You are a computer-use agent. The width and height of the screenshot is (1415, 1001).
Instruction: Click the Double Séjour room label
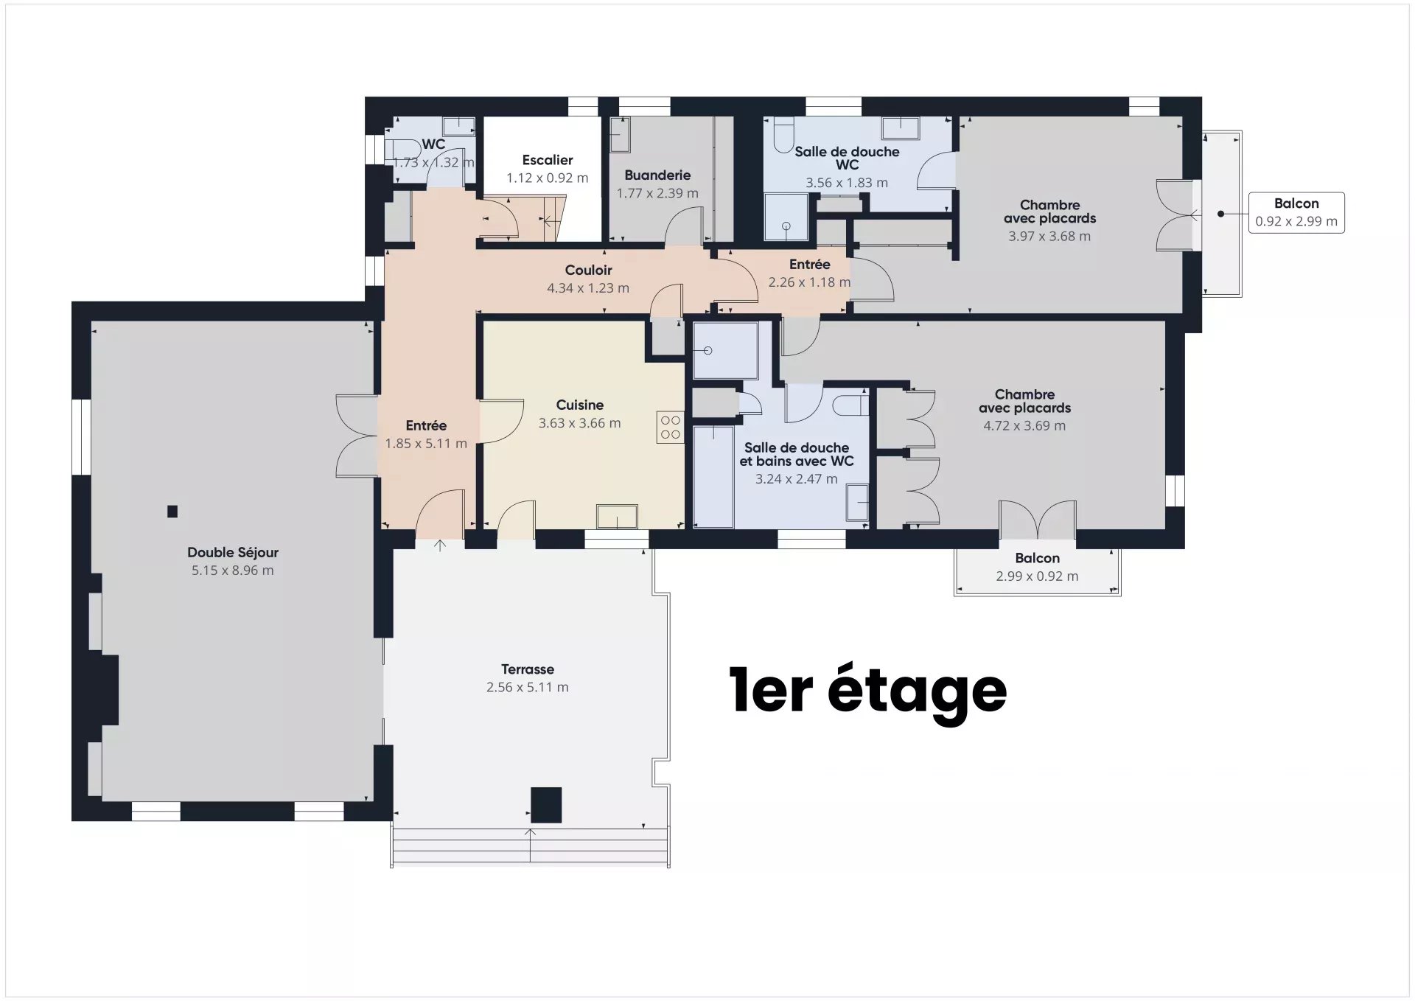tap(233, 552)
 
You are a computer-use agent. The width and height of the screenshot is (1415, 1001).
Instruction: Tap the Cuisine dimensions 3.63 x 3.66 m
tap(579, 423)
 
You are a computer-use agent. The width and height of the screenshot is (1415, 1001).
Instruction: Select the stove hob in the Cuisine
tap(671, 428)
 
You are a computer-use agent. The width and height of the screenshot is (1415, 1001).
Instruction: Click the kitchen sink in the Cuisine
tap(617, 516)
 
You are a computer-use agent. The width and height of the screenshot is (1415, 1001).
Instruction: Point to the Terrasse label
tap(528, 669)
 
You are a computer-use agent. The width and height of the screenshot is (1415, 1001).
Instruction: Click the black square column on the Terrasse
tap(546, 805)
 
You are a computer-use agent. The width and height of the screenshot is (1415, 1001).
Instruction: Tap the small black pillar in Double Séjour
tap(172, 512)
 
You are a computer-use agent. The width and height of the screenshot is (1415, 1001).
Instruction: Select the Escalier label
tap(547, 160)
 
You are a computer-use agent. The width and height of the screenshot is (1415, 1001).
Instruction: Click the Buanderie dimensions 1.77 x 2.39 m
tap(657, 193)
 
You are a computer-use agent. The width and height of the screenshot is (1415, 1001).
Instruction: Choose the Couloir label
tap(588, 271)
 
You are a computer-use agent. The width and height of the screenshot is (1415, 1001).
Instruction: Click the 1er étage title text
tap(867, 691)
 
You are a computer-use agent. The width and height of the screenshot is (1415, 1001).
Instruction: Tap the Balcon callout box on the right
tap(1296, 213)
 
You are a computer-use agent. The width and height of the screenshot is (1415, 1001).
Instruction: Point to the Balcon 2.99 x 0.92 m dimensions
tap(1037, 576)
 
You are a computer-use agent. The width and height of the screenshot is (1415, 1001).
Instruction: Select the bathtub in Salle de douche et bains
tap(713, 476)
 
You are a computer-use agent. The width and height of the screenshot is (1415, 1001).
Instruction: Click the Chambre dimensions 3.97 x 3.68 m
tap(1049, 237)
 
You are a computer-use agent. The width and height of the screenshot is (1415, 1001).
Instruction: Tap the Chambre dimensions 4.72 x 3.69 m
tap(1024, 426)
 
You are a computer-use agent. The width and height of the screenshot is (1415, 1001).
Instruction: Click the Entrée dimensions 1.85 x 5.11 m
tap(426, 444)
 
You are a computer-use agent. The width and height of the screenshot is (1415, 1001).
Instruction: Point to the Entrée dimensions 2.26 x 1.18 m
tap(809, 282)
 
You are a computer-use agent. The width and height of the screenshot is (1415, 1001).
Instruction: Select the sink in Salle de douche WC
tap(901, 128)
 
